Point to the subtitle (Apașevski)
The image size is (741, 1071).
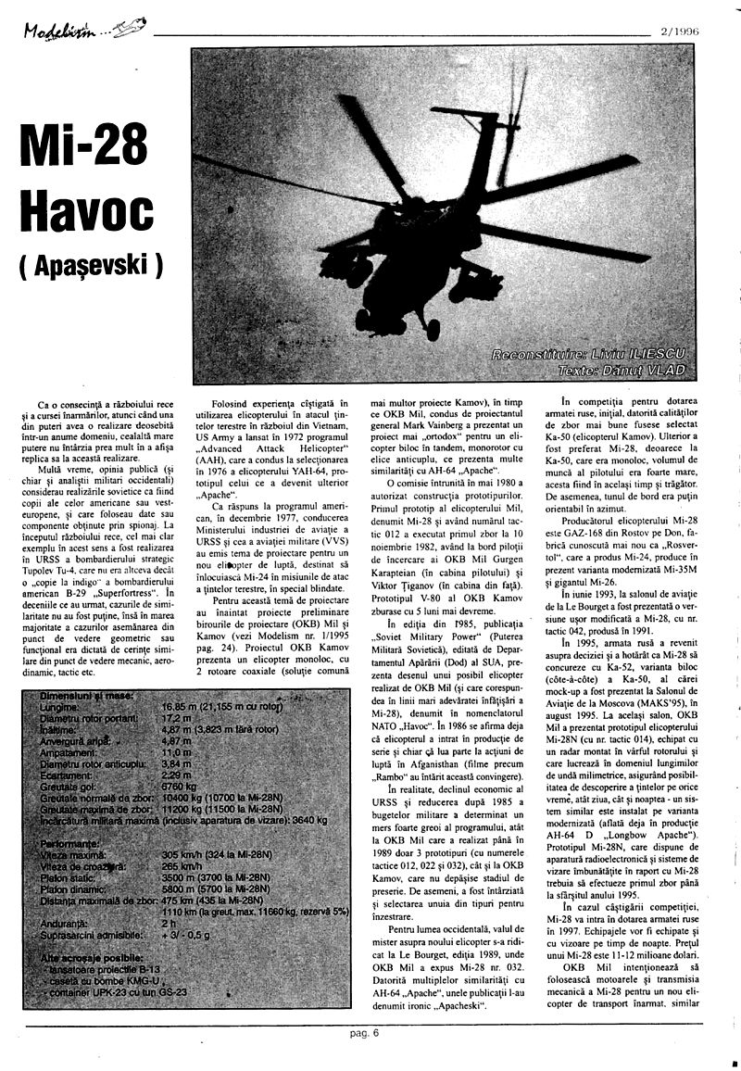coord(90,265)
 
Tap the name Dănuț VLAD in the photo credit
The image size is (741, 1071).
coord(647,370)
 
